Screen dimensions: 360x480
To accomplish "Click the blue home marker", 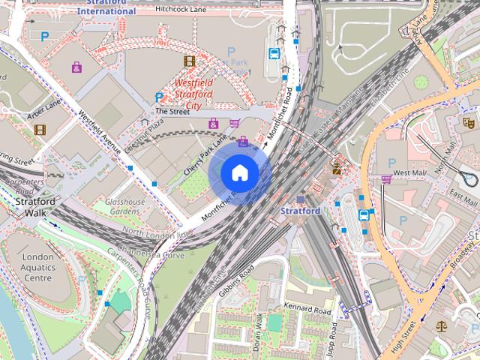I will click(240, 172).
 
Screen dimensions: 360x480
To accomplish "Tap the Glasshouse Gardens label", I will click(124, 207).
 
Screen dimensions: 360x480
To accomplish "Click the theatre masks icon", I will click(469, 121).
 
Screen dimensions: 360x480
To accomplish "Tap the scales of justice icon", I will click(440, 328).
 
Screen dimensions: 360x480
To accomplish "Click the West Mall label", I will click(409, 173).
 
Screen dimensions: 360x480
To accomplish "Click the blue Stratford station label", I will click(300, 211).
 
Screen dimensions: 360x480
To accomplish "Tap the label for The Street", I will click(172, 111).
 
